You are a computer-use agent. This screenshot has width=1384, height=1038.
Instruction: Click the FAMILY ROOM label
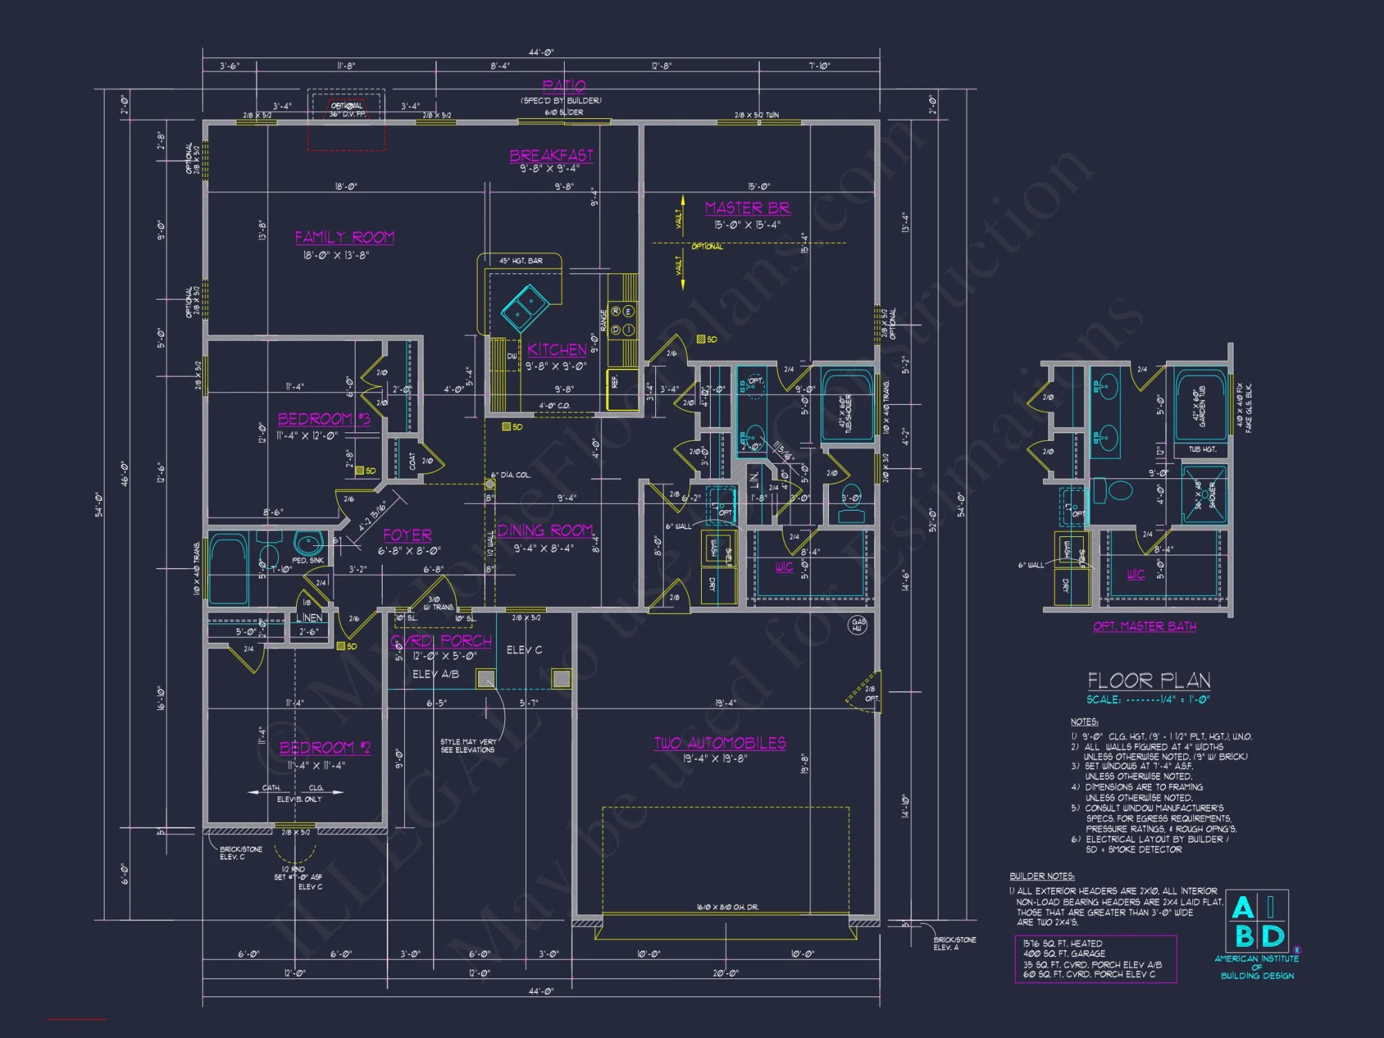click(x=345, y=237)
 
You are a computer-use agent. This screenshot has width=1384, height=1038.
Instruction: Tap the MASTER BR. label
click(x=747, y=208)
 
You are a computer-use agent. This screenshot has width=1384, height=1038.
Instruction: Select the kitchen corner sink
click(x=525, y=308)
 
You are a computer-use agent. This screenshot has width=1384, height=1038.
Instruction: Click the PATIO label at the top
click(x=564, y=86)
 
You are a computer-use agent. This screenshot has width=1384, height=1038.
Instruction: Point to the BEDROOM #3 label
click(x=324, y=419)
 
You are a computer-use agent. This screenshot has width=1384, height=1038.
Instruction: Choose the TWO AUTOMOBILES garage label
click(x=720, y=743)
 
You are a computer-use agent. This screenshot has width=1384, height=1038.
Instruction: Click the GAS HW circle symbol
click(x=857, y=625)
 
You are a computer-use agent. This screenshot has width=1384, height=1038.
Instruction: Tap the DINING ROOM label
click(x=545, y=531)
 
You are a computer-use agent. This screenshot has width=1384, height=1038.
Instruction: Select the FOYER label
click(x=408, y=536)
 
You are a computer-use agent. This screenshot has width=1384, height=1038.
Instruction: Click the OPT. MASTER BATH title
click(x=1145, y=626)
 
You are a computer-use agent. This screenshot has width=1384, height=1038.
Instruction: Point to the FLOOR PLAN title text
click(x=1149, y=681)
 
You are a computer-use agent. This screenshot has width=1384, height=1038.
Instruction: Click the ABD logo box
click(x=1257, y=921)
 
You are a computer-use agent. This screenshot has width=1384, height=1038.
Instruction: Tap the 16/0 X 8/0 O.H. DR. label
click(x=727, y=907)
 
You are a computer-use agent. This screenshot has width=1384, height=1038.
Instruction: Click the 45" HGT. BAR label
click(x=520, y=261)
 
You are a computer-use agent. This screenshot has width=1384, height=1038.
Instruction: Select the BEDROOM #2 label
click(x=325, y=748)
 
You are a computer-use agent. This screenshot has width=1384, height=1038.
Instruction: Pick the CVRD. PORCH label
click(x=441, y=641)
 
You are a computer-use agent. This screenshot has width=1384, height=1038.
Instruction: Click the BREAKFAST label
click(x=552, y=156)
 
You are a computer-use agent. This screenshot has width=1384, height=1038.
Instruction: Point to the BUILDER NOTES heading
click(x=1041, y=876)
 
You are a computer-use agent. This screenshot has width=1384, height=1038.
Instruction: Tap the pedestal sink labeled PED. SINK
click(x=307, y=543)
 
